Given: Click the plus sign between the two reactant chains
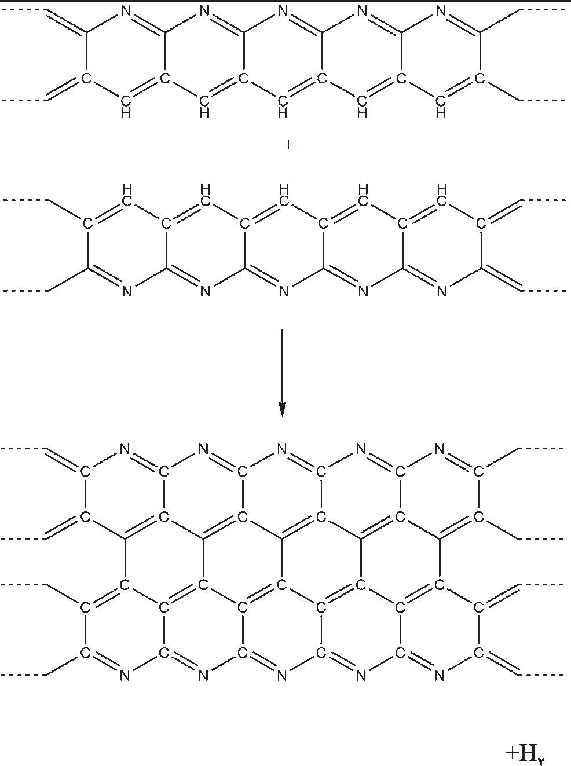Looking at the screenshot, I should [288, 145].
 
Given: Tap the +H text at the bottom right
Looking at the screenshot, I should [525, 753].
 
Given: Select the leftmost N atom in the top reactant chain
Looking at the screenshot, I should [126, 10].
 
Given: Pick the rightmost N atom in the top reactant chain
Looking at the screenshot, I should [440, 10].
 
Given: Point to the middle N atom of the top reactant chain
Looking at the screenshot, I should [283, 10].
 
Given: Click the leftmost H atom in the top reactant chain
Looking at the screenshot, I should [126, 113].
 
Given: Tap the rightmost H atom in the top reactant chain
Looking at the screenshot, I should [440, 113].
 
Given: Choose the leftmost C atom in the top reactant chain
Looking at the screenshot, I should [86, 78].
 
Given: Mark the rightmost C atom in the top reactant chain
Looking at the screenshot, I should [479, 78].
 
